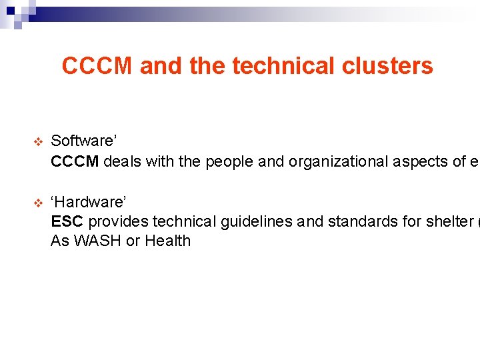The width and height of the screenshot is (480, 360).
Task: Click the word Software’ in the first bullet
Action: (84, 141)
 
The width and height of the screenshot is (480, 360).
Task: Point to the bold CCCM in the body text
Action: (75, 161)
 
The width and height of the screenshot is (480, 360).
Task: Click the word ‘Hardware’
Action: (87, 201)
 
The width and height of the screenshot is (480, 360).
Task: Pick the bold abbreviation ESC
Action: (67, 221)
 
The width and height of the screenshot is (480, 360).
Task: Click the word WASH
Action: (97, 241)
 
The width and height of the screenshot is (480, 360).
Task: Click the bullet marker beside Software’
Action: (37, 141)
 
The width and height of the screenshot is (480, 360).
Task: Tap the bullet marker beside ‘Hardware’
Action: (37, 201)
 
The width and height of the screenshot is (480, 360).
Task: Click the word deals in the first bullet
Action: (121, 161)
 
